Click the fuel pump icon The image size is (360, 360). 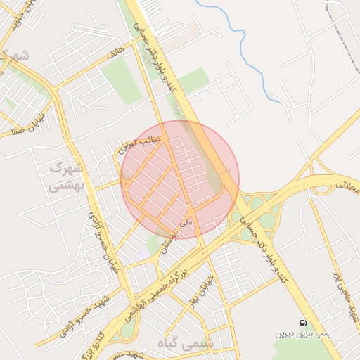(x=303, y=322)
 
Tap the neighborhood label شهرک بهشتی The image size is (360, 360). (x=67, y=177)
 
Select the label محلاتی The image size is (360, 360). (x=347, y=187)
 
